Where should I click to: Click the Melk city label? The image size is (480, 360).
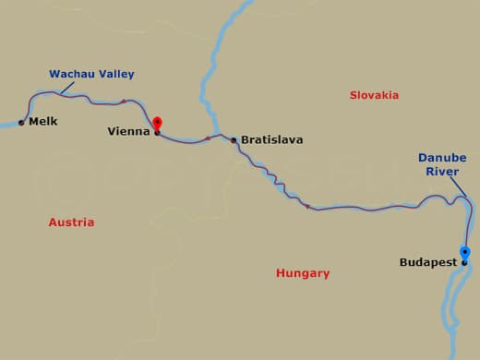pyautogui.click(x=42, y=122)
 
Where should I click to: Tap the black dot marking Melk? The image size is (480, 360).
pyautogui.click(x=21, y=122)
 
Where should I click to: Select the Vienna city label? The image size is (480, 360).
pyautogui.click(x=128, y=132)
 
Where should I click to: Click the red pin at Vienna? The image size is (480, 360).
pyautogui.click(x=157, y=124)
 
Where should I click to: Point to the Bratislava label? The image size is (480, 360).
pyautogui.click(x=271, y=140)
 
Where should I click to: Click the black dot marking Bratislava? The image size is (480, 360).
pyautogui.click(x=234, y=140)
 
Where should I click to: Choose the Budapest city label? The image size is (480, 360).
pyautogui.click(x=427, y=263)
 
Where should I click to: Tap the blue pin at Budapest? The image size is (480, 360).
pyautogui.click(x=464, y=252)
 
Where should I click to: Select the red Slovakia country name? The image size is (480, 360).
pyautogui.click(x=374, y=95)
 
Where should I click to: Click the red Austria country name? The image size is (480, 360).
pyautogui.click(x=71, y=222)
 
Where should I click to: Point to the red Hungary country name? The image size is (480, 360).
pyautogui.click(x=303, y=273)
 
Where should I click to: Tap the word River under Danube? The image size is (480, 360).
pyautogui.click(x=441, y=171)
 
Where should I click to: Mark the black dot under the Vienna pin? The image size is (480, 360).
pyautogui.click(x=157, y=133)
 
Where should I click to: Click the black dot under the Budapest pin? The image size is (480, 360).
pyautogui.click(x=464, y=263)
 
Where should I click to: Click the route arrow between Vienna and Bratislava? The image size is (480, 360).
pyautogui.click(x=208, y=138)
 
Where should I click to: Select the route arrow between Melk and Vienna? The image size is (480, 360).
pyautogui.click(x=124, y=101)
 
